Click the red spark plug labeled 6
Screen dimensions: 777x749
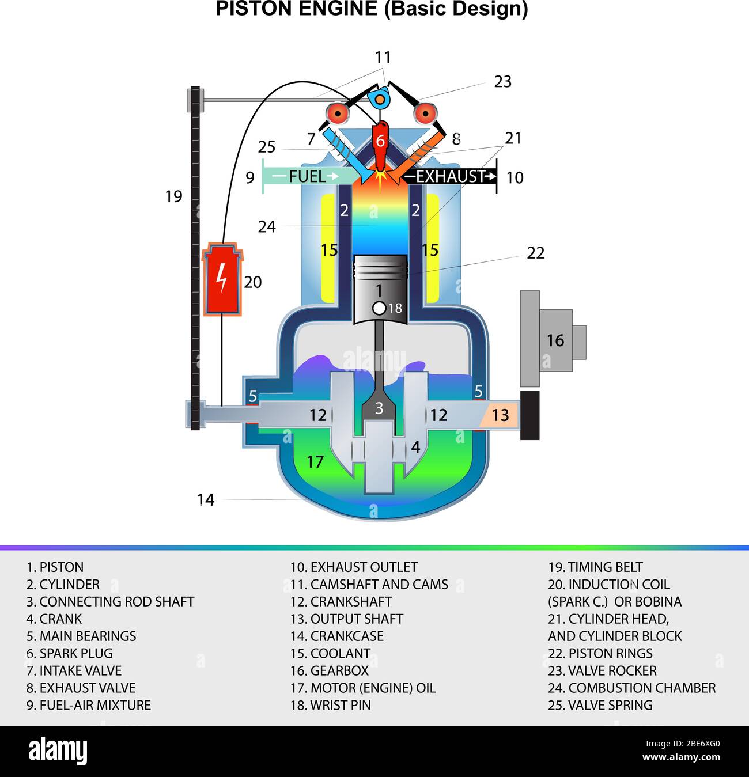click(x=380, y=141)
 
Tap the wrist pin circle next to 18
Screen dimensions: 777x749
click(x=379, y=308)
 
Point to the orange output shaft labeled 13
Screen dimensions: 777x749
click(x=499, y=415)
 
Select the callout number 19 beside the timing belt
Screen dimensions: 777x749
click(x=173, y=196)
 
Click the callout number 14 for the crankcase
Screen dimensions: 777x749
click(x=206, y=499)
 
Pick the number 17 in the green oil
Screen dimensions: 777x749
click(x=315, y=461)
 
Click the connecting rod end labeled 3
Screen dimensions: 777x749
click(x=379, y=408)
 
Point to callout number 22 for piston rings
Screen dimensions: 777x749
click(x=535, y=253)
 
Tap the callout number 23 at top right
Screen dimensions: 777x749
click(x=502, y=82)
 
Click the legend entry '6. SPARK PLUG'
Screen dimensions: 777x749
click(x=70, y=653)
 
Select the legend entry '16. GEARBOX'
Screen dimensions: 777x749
click(x=329, y=670)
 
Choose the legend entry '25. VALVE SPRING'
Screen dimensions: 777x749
click(x=600, y=705)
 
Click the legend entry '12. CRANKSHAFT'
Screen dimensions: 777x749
click(x=341, y=601)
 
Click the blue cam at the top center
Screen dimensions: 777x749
click(x=379, y=100)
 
